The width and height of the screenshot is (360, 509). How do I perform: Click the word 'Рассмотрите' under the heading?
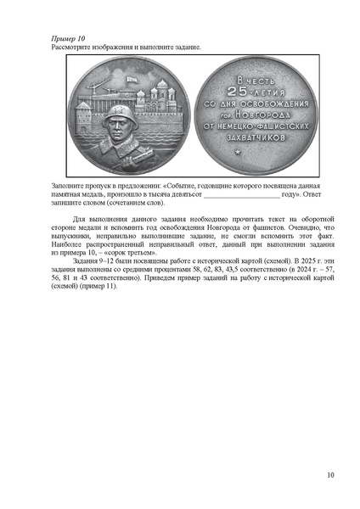pyautogui.click(x=71, y=48)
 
